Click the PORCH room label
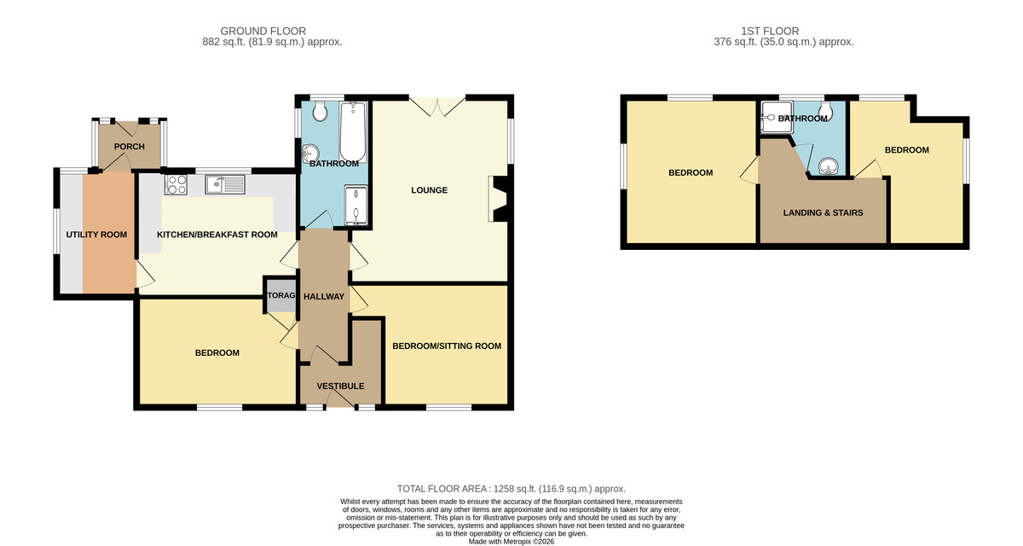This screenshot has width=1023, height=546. [x=130, y=147]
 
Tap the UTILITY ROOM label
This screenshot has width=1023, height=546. [x=96, y=235]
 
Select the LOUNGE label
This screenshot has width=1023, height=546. [x=430, y=190]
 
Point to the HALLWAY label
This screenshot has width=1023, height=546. [x=324, y=297]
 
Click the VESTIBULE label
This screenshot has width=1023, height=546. [x=341, y=386]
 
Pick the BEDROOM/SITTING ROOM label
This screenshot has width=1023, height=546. [x=447, y=346]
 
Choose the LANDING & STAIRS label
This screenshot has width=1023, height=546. [x=823, y=213]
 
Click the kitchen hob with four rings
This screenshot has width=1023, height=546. [x=176, y=184]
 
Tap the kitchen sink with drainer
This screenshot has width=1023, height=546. [x=226, y=184]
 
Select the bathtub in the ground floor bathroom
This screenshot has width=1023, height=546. [x=353, y=131]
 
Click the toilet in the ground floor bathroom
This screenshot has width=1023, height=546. [x=321, y=110]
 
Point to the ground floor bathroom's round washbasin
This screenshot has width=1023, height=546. [x=310, y=153]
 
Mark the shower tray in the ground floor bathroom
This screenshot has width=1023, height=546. [x=355, y=205]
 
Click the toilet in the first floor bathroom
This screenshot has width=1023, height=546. [x=826, y=110]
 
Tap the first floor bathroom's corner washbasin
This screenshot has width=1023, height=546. [x=828, y=166]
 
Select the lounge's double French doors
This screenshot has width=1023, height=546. [x=437, y=106]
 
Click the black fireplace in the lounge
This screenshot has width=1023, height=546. [x=500, y=200]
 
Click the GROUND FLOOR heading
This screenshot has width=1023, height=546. [x=263, y=31]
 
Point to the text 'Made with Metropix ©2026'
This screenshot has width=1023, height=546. [x=511, y=542]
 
